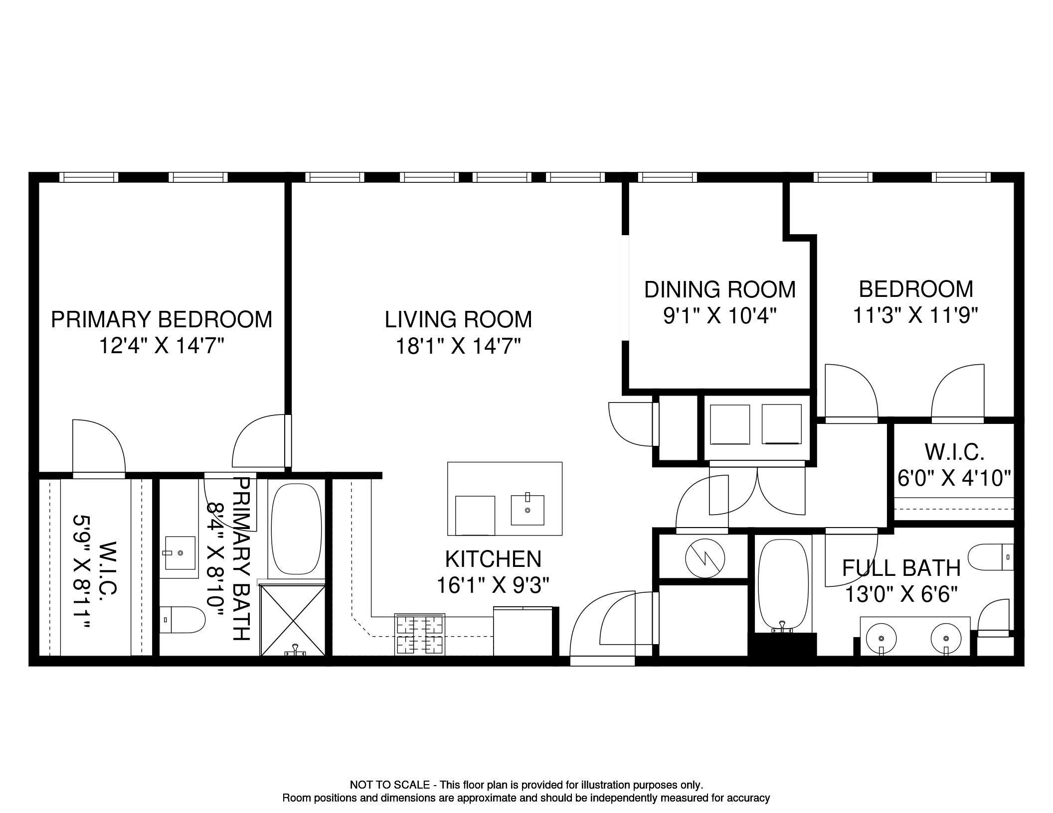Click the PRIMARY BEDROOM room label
[162, 319]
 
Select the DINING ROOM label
[719, 289]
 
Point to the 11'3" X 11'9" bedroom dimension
[915, 315]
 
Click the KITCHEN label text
[493, 559]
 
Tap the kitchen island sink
[527, 510]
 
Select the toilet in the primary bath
[182, 620]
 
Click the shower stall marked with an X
[293, 620]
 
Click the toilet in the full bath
[991, 557]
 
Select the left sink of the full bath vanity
[881, 638]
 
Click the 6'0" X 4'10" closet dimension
[954, 478]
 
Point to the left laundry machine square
[729, 424]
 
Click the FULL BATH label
[901, 568]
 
